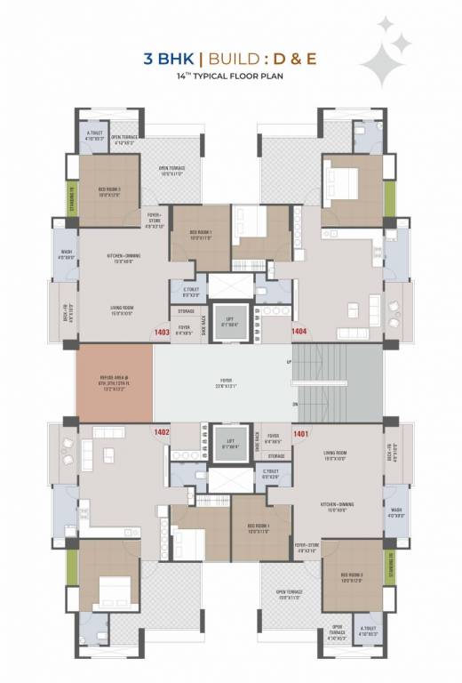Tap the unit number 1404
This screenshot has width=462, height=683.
[299, 332]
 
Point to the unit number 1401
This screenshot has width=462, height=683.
[299, 434]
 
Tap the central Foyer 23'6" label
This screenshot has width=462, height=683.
[223, 385]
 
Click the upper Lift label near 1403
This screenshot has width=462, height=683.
[229, 321]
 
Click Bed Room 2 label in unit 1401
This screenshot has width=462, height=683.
[352, 577]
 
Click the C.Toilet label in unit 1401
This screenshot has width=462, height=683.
[272, 476]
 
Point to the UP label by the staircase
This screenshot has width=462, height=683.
[289, 362]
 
